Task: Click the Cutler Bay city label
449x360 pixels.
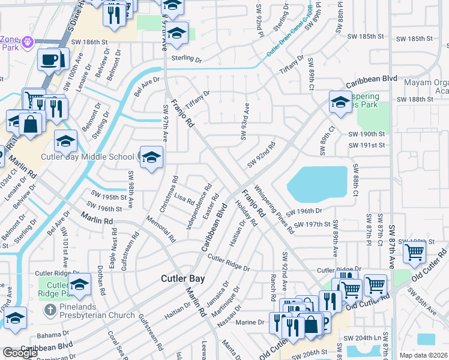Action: [x=183, y=279]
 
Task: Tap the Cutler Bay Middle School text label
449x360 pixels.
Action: [x=87, y=157]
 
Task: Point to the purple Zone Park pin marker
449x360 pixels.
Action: [x=27, y=43]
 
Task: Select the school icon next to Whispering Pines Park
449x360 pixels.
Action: [x=340, y=102]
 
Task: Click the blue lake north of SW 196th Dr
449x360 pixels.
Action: [x=318, y=183]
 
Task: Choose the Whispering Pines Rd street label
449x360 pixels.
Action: [x=274, y=208]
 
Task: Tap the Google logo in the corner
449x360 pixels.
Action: [x=20, y=353]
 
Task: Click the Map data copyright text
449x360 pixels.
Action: [x=423, y=355]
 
